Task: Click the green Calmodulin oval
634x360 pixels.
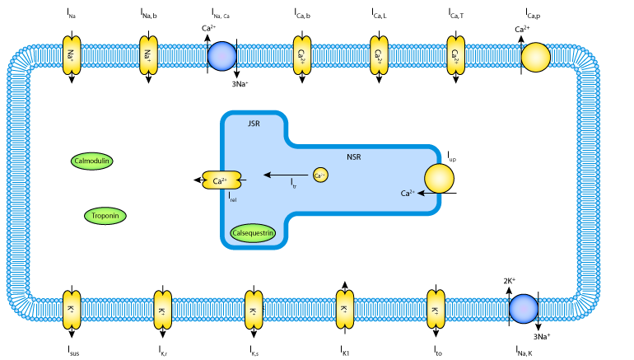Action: coord(91,161)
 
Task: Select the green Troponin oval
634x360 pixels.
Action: coord(105,216)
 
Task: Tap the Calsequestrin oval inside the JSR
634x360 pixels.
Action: coord(253,233)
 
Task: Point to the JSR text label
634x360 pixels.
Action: coord(254,124)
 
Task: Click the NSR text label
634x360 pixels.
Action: coord(353,157)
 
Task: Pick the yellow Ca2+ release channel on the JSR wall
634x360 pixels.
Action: coord(222,180)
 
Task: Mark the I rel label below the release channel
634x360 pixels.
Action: coord(234,197)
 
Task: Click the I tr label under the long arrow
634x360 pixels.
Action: coord(293,185)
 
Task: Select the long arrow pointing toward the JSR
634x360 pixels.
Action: coord(285,175)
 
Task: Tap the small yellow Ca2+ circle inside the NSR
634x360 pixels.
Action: coord(320,175)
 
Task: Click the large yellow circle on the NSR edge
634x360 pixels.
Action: coord(439,179)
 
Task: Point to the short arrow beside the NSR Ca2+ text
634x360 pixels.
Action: coord(427,193)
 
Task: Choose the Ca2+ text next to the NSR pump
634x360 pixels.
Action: coord(408,194)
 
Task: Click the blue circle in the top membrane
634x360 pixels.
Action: coord(222,56)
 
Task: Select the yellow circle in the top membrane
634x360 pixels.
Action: coord(535,57)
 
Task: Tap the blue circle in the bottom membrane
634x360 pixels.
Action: coord(524,309)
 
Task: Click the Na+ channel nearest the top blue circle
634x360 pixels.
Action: coord(148,55)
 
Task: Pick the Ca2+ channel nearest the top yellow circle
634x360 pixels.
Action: coord(455,55)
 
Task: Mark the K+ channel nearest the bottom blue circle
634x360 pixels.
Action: coord(436,309)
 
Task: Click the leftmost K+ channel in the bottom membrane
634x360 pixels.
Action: coord(72,309)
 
